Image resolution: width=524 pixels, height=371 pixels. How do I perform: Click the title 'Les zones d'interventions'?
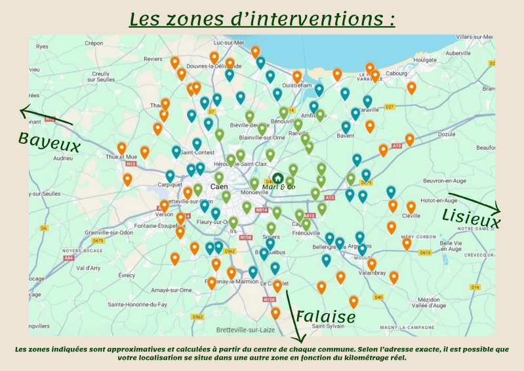[262, 18]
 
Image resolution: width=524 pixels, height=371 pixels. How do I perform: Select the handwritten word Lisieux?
[471, 218]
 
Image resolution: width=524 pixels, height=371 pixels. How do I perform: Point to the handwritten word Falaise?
[325, 316]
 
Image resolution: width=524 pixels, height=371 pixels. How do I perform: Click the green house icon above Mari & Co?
[278, 178]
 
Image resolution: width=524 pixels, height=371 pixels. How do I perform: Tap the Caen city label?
[218, 186]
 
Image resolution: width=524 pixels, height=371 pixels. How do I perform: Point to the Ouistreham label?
[296, 85]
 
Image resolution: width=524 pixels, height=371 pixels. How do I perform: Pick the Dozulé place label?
[446, 134]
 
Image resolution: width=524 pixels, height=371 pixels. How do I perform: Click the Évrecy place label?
[125, 275]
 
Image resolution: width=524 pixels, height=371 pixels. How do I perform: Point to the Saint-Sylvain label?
[327, 326]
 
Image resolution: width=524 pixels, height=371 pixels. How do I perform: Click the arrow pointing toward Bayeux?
[45, 116]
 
